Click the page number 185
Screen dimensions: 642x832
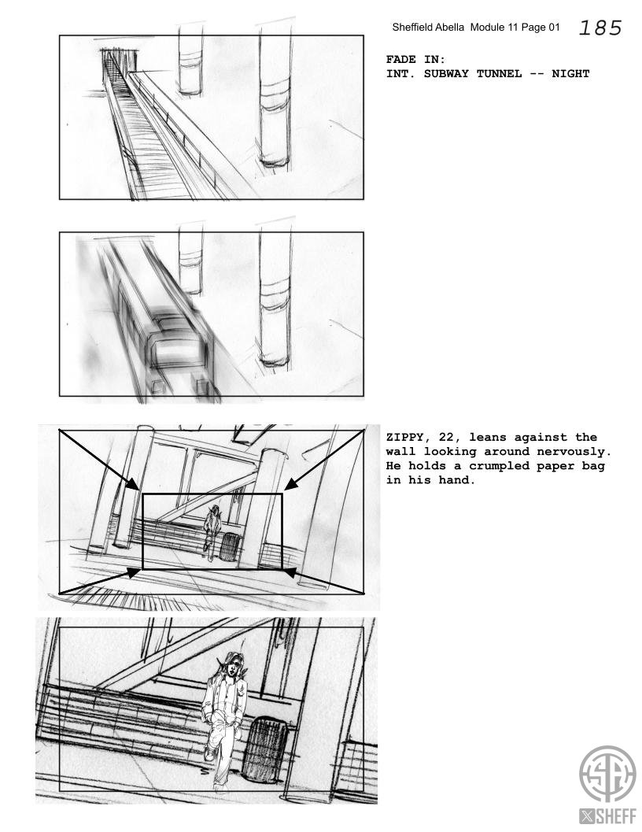[x=600, y=28]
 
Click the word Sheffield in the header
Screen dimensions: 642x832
[x=411, y=27]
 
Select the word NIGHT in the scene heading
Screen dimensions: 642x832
[x=570, y=74]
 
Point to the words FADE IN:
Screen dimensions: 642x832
[x=415, y=60]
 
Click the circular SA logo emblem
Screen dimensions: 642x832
[x=607, y=774]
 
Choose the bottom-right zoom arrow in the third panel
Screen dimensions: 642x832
[x=323, y=581]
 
